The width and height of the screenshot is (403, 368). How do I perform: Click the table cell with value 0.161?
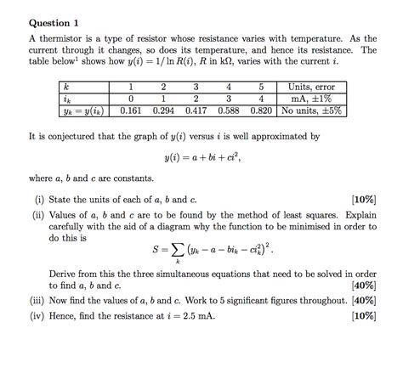coord(131,110)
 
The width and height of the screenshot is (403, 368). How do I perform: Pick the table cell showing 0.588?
coord(228,110)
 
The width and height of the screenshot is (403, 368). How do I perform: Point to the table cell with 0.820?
coord(260,110)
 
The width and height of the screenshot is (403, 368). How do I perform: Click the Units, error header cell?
coord(311,86)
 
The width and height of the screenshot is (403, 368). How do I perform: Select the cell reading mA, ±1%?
coord(311,98)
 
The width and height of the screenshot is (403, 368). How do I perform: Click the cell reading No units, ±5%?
coord(311,110)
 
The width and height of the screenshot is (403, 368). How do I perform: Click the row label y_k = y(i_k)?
coord(86,110)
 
